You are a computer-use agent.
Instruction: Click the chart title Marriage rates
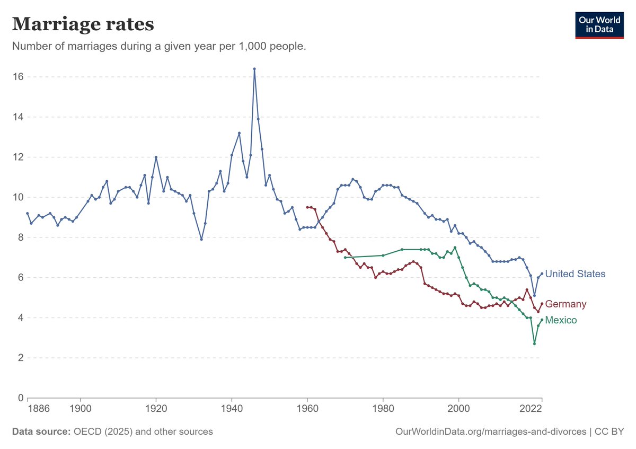click(83, 24)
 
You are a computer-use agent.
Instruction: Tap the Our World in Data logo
click(599, 25)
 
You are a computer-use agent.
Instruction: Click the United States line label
click(575, 274)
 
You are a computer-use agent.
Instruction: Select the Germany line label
click(566, 304)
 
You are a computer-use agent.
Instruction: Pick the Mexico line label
click(561, 320)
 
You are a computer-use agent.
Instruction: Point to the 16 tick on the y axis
click(18, 77)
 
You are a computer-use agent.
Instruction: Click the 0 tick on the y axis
click(21, 398)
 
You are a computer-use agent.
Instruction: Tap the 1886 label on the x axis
click(39, 409)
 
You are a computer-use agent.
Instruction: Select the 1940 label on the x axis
click(232, 409)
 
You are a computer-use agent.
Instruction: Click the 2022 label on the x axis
click(531, 409)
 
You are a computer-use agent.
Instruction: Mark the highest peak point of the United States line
click(254, 69)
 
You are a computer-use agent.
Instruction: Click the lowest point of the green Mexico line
click(534, 344)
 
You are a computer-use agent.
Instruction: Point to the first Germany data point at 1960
click(307, 207)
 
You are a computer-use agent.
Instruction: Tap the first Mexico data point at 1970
click(345, 257)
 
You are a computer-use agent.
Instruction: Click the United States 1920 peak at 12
click(156, 157)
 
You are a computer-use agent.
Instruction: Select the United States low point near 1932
click(201, 240)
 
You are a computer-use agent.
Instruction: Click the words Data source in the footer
click(41, 432)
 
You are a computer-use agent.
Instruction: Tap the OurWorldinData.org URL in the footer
click(491, 432)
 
